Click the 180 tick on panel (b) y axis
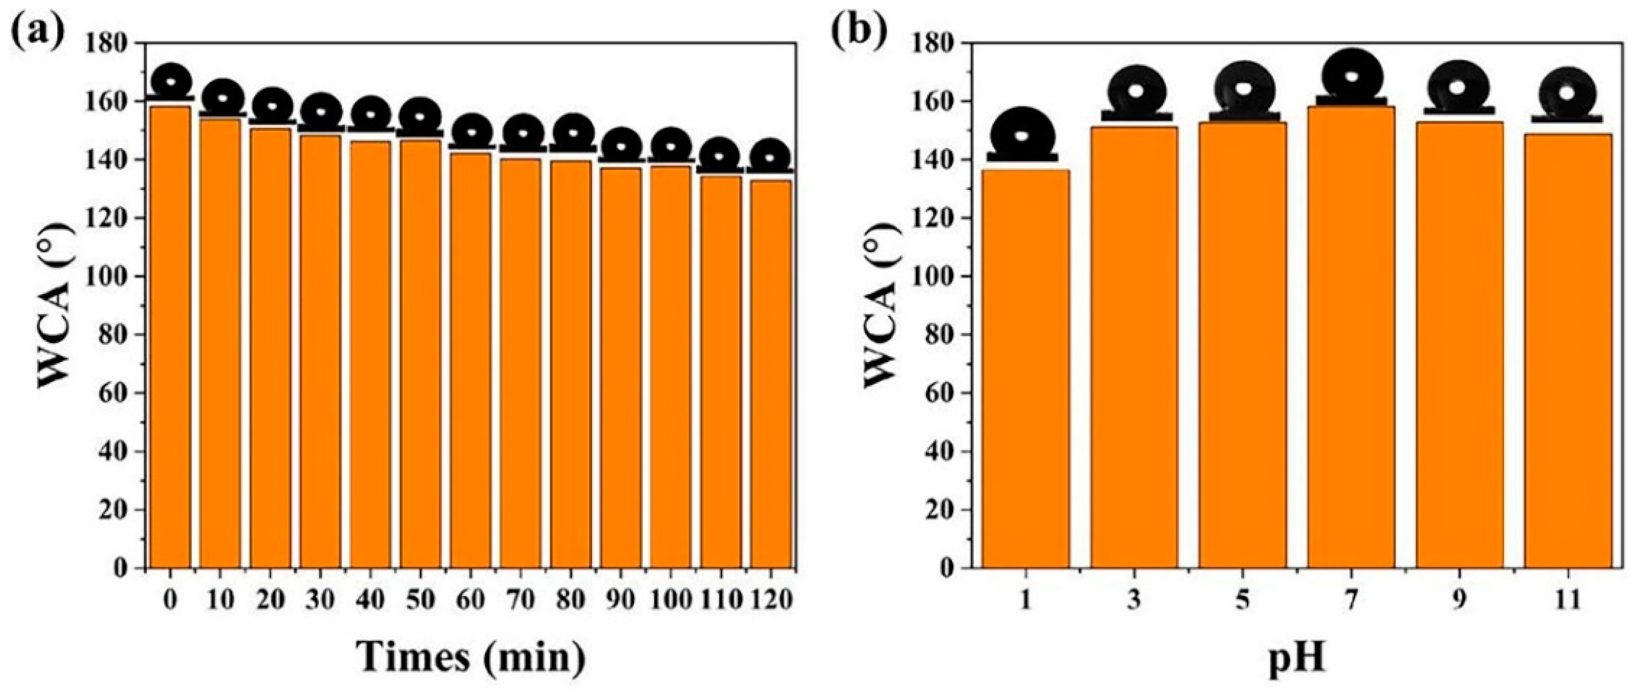938,43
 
